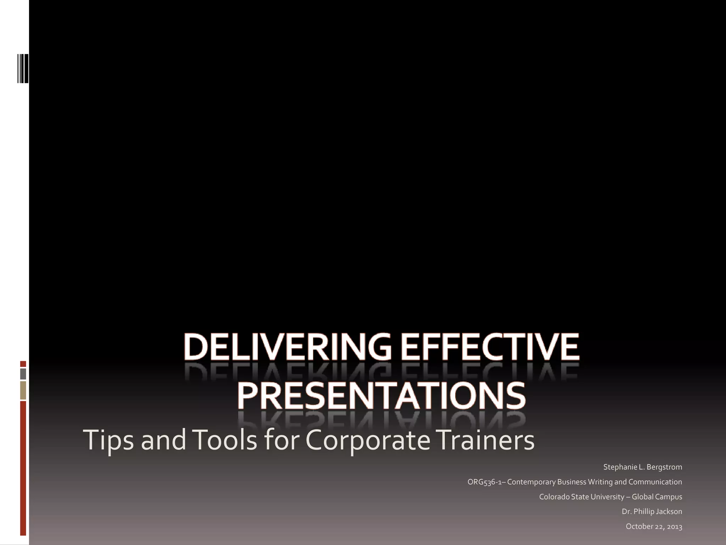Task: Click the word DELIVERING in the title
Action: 287,346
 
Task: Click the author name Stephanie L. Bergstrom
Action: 642,467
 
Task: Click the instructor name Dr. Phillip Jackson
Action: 652,511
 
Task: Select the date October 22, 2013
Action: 654,526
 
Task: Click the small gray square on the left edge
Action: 23,374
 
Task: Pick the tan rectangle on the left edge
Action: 23,390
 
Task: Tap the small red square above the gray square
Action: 23,364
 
